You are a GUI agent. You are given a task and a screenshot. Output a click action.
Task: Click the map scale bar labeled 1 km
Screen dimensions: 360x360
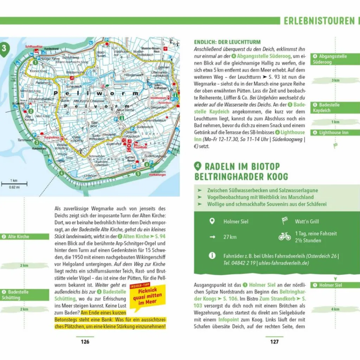tap(10, 183)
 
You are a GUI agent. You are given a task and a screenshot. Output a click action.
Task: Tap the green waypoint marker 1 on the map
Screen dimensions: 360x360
tap(35, 62)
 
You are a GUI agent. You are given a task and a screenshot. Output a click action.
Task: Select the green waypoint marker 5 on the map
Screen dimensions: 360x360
tap(138, 173)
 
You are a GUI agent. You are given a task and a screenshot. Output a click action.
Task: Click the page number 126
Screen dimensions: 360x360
tap(85, 341)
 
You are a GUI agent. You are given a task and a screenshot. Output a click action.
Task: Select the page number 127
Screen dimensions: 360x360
tap(274, 341)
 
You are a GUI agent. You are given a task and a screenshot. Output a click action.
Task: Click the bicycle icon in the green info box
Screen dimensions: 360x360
tap(284, 236)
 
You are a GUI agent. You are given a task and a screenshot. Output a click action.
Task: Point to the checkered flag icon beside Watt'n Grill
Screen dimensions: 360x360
tap(285, 221)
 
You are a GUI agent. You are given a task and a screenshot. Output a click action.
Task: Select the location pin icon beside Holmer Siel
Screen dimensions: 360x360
tap(212, 221)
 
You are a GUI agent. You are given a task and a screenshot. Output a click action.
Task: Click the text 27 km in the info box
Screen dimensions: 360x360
tap(230, 237)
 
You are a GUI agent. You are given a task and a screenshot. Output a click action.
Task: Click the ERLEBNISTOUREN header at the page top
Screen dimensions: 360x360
tap(319, 21)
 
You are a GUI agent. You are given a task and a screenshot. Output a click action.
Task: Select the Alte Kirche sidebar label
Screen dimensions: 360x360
tap(19, 237)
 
